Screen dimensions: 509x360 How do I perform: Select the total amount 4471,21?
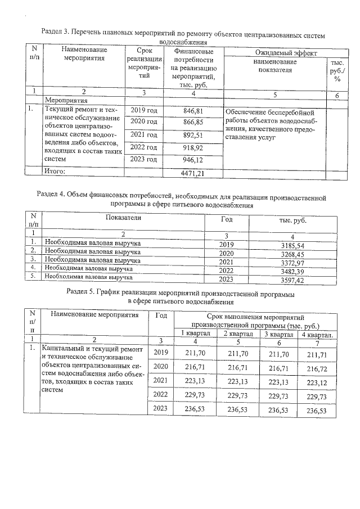[192, 174]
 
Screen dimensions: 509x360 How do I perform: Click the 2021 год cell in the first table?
[144, 136]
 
